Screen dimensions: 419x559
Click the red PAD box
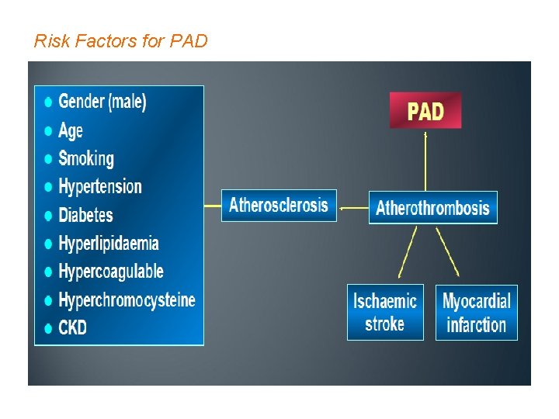[x=425, y=111]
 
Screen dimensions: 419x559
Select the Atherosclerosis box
[x=279, y=206]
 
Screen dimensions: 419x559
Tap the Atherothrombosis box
[x=432, y=207]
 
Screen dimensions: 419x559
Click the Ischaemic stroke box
[x=385, y=312]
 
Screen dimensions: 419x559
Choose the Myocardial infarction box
[x=476, y=312]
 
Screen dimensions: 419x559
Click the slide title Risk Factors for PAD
[x=121, y=40]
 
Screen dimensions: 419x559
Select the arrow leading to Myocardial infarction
[x=447, y=252]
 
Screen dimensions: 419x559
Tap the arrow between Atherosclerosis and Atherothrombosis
[x=353, y=207]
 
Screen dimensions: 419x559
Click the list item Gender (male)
[x=102, y=102]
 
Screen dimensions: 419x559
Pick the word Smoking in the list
[x=86, y=158]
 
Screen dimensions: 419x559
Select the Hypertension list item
[x=100, y=186]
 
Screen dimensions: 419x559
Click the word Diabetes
[x=85, y=215]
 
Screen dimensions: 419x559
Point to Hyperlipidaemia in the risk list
[x=109, y=244]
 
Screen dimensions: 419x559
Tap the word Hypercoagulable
[x=111, y=272]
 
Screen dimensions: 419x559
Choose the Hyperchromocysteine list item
[x=127, y=300]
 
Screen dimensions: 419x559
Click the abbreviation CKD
[x=73, y=327]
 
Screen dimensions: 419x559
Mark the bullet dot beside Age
[x=49, y=130]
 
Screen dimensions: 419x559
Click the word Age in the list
[x=71, y=130]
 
